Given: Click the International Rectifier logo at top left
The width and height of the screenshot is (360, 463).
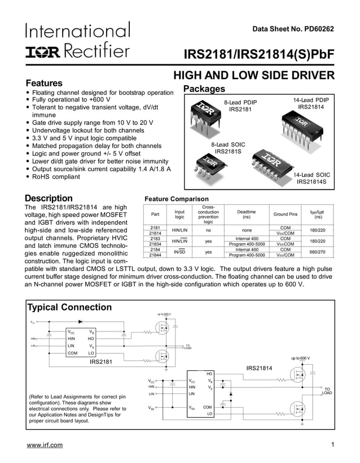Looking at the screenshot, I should [78, 41].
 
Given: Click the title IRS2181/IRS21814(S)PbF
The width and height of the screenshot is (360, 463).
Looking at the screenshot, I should [259, 54].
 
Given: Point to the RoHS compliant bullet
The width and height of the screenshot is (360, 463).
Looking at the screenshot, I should [56, 177].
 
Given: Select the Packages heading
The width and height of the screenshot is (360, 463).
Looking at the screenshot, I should [204, 89].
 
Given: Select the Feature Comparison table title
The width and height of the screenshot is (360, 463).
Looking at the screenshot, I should [177, 199].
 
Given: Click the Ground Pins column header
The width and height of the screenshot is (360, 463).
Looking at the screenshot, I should [285, 215].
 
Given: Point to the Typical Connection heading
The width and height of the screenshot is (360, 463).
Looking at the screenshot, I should [70, 308].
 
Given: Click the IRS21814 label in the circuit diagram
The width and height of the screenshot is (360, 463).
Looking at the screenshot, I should [259, 368].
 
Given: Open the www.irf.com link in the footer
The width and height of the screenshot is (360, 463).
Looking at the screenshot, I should [45, 445].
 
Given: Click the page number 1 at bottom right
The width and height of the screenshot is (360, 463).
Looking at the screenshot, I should [333, 445].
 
